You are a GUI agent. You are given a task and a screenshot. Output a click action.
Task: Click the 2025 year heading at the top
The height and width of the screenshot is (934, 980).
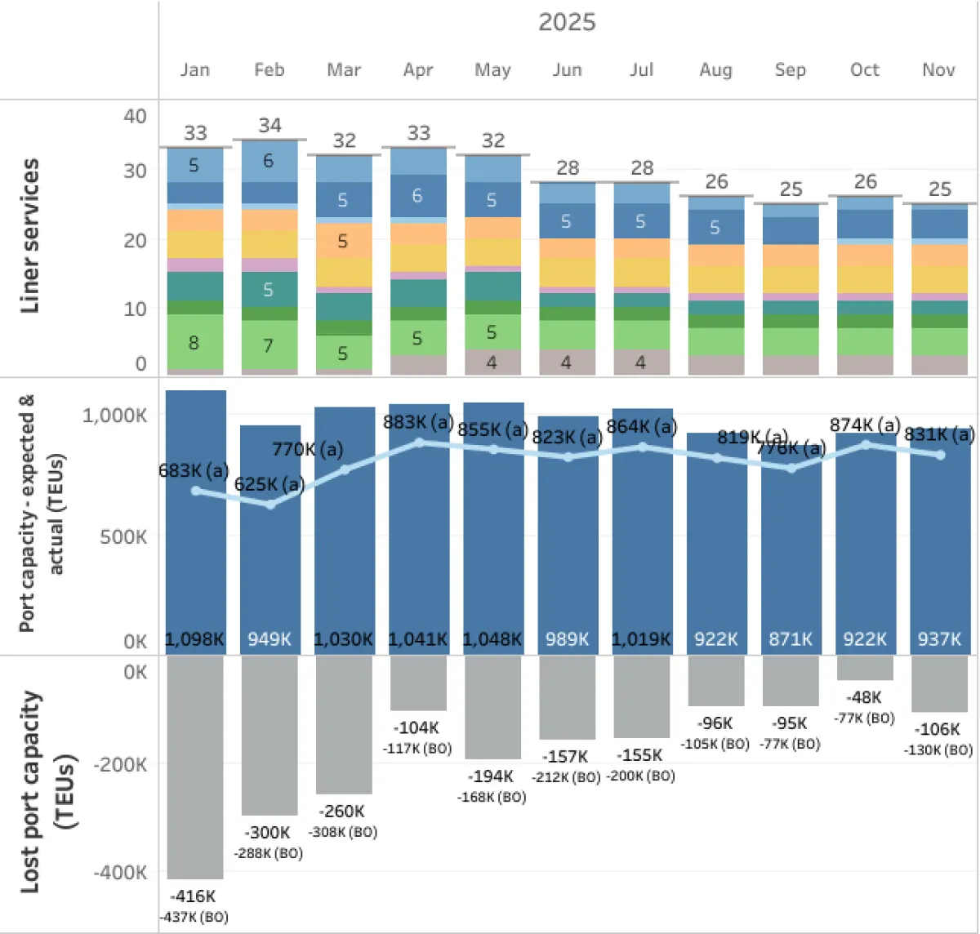tap(567, 22)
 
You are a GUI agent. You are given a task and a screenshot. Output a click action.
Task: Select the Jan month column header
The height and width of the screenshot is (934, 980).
tap(195, 70)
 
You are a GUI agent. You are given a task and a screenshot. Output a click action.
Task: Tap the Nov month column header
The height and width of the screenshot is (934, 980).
tap(938, 70)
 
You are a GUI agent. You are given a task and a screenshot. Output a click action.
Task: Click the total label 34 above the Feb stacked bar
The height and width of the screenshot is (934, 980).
tap(269, 126)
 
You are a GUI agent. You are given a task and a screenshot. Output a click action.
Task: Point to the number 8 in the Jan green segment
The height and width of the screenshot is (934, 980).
tap(194, 343)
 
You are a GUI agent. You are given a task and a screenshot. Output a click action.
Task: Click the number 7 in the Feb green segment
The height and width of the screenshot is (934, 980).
tap(268, 346)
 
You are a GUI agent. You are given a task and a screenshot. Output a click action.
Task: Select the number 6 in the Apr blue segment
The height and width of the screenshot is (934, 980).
tap(417, 196)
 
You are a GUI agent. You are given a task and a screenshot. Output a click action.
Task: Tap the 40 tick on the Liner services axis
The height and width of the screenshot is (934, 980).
tap(135, 116)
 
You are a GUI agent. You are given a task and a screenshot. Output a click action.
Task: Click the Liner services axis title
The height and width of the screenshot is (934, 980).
tap(30, 236)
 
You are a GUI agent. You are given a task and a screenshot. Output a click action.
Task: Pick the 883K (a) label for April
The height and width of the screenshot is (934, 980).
tap(418, 422)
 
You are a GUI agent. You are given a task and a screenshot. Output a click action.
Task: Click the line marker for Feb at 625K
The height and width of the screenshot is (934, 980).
tap(270, 505)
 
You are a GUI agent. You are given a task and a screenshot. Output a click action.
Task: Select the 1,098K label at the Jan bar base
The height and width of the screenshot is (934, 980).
tap(194, 639)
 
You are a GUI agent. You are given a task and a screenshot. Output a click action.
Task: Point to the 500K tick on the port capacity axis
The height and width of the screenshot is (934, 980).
tap(123, 537)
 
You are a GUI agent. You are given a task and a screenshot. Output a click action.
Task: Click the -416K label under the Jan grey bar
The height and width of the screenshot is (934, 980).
tap(194, 896)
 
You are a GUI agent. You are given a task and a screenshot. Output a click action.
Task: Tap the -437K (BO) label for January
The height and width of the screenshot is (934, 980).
tap(194, 918)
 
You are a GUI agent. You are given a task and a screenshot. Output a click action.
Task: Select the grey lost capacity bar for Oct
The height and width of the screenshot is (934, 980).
tap(865, 668)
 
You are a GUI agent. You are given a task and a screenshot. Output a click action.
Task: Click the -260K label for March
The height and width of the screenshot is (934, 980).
tap(342, 812)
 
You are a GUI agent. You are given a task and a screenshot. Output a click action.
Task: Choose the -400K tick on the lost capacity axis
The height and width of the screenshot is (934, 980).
tap(120, 873)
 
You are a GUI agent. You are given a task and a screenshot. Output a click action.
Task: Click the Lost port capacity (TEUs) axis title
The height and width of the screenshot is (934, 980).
tap(47, 792)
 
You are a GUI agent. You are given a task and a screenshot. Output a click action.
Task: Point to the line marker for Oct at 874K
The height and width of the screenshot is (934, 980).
tap(866, 445)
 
